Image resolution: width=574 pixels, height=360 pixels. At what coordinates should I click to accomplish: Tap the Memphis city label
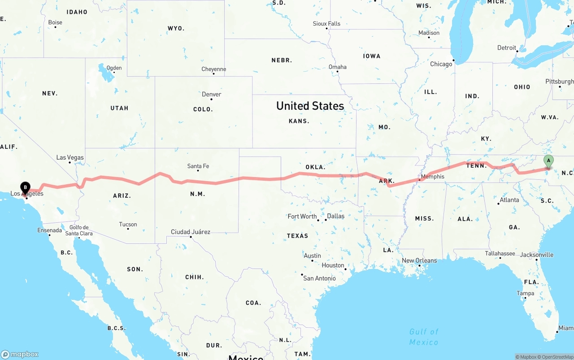432,176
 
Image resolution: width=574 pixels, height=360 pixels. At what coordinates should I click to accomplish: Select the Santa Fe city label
198,166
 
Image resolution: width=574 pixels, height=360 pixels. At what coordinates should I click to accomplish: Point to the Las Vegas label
70,157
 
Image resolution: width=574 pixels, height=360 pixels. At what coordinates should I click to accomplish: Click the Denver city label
211,94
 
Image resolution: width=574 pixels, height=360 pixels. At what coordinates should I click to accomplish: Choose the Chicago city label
441,64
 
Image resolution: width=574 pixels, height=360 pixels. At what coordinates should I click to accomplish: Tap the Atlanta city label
509,200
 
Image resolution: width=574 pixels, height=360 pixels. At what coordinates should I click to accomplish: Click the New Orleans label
419,260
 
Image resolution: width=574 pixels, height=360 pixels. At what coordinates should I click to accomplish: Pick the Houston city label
333,265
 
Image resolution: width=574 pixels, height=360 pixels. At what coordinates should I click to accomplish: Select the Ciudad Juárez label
190,232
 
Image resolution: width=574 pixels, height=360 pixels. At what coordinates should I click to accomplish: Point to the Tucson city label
128,224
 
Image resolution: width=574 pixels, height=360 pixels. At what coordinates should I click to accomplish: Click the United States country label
310,106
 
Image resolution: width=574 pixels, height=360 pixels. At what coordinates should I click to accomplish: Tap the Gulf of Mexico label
424,337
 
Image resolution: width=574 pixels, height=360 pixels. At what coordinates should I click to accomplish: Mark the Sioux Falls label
326,23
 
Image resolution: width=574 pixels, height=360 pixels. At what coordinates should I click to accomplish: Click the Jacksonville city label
537,255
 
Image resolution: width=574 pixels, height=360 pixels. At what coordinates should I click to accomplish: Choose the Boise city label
55,22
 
